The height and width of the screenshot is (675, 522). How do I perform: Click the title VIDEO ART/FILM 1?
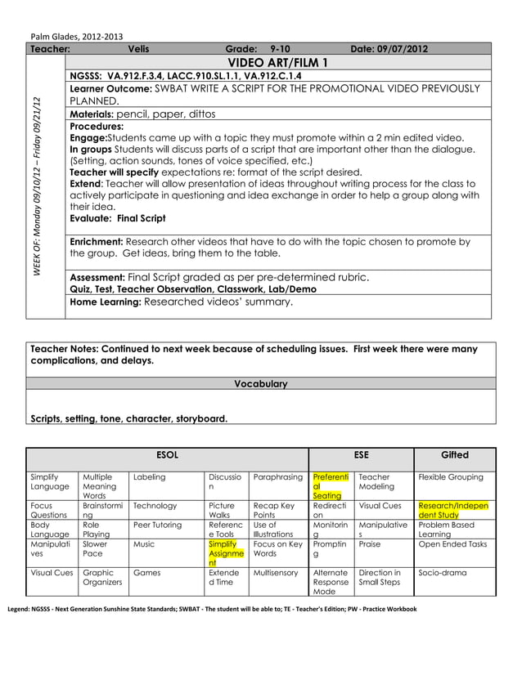click(277, 63)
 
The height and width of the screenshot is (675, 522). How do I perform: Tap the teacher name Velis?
click(139, 49)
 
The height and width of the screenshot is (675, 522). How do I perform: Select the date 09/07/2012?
click(389, 49)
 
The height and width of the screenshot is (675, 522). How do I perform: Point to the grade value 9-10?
click(280, 49)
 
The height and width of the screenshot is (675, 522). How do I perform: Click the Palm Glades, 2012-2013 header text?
click(77, 36)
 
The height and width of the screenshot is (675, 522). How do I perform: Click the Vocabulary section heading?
click(260, 383)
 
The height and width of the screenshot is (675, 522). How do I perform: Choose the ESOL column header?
click(167, 454)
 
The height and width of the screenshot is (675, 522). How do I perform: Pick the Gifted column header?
click(454, 454)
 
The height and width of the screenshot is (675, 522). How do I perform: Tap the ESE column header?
click(361, 454)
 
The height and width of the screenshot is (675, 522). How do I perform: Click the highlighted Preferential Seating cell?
click(330, 485)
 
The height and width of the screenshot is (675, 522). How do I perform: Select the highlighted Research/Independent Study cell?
click(453, 510)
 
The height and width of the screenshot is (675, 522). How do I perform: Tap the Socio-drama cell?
click(442, 573)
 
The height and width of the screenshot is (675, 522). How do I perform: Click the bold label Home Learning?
click(106, 302)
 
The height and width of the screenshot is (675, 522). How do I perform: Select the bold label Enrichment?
click(97, 242)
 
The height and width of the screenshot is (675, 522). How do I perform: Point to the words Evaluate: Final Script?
click(118, 218)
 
